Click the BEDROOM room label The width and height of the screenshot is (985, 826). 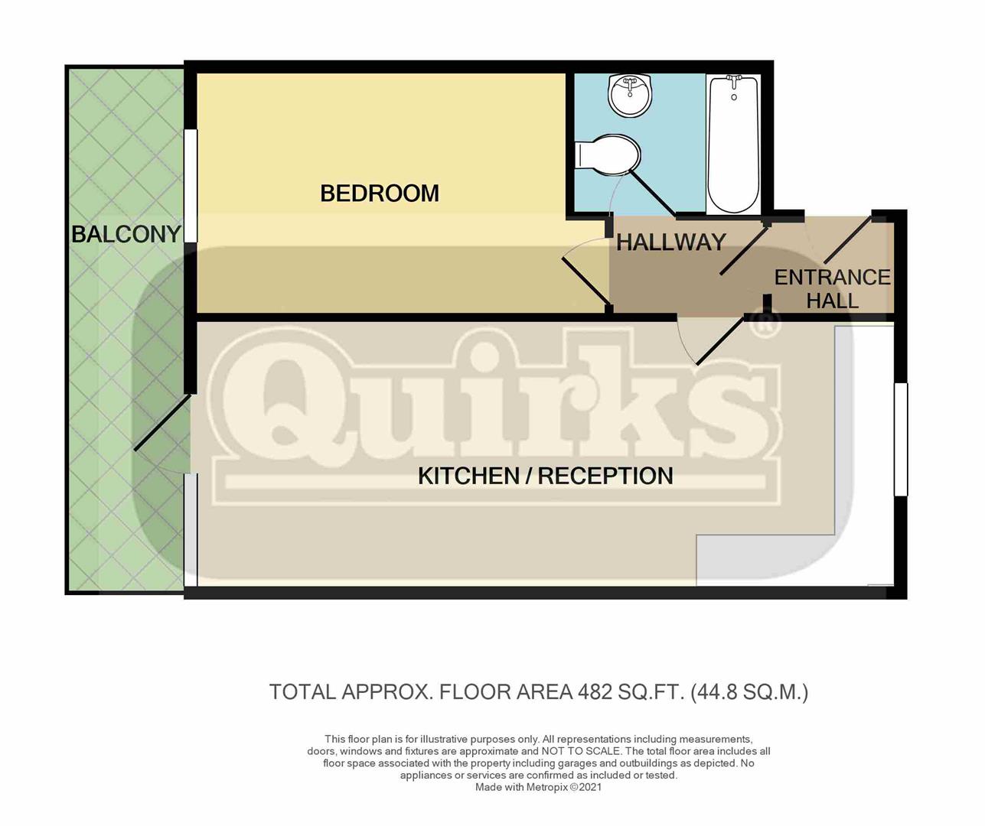coord(380,193)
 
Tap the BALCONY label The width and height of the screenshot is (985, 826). coord(126,234)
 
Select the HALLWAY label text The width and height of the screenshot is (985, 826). coord(670,242)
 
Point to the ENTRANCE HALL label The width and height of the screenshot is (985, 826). coord(832,289)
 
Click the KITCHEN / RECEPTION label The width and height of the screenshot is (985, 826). coord(546,476)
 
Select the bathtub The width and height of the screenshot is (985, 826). coord(733,145)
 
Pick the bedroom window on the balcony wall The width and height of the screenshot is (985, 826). coord(191,186)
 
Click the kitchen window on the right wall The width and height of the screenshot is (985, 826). coord(901,439)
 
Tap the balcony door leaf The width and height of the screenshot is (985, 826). coord(162,422)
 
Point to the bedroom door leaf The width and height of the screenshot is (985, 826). coord(585,282)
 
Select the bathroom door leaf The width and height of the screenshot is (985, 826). coord(652,193)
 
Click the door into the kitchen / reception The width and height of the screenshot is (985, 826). coord(721,340)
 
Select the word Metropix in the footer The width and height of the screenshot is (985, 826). coord(547,787)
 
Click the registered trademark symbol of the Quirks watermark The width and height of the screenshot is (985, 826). coord(766,323)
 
